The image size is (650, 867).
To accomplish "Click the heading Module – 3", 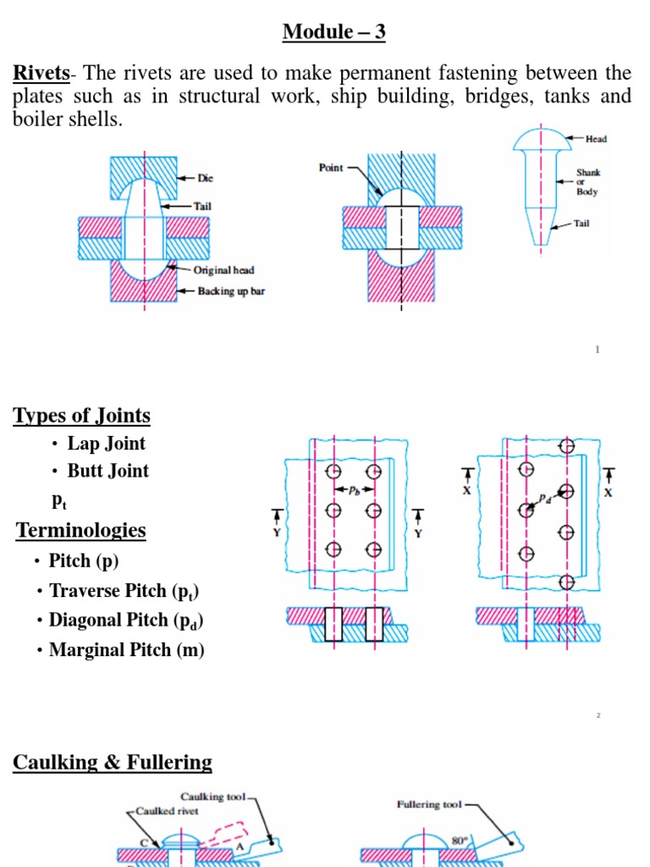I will tap(334, 32).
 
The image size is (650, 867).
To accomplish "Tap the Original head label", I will tap(223, 270).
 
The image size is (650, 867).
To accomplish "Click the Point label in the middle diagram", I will tap(331, 168).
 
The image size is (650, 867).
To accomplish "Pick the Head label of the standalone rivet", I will tap(595, 139).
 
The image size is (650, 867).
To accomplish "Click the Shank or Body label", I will tap(587, 181).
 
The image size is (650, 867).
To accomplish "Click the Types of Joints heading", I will tap(82, 416).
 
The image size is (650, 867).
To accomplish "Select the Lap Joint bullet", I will tap(106, 444).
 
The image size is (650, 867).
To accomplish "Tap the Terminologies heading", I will tap(81, 531).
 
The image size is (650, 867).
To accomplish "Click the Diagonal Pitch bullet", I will tap(126, 620).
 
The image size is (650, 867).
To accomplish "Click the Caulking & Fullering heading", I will tap(113, 762).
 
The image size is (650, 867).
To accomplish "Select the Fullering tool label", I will tap(430, 804).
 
